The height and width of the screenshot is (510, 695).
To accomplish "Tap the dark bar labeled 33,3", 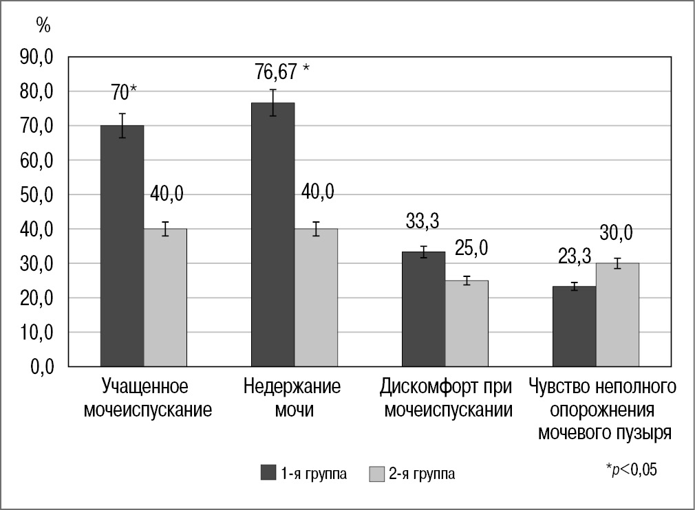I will [x=423, y=309].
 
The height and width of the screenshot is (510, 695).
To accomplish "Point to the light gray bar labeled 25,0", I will [x=467, y=323].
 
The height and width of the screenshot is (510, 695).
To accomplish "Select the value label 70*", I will [x=124, y=92].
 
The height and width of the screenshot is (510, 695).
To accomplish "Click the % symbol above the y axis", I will [x=43, y=26].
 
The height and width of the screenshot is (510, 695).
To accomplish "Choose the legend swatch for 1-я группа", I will [x=268, y=473].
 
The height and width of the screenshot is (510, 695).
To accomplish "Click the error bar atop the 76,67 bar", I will [x=272, y=102].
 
